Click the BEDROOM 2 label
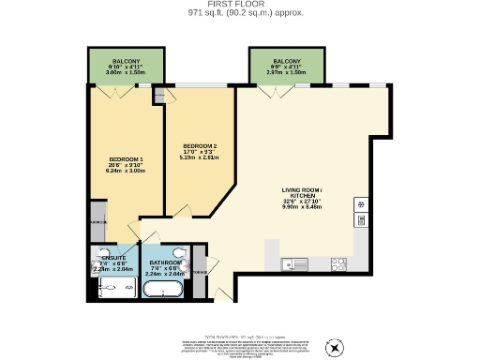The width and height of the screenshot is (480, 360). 200,146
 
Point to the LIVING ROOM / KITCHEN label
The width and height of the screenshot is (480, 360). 308,195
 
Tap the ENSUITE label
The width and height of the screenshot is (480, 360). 113,255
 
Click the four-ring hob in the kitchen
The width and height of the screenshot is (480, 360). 337,263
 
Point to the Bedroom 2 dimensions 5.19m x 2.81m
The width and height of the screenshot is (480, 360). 200,158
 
